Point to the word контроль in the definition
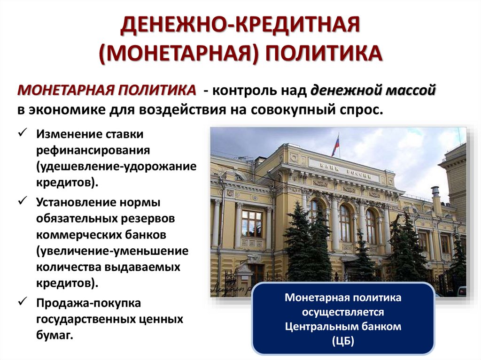(247, 90)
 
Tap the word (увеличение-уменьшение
(112, 251)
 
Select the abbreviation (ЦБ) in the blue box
(343, 341)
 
